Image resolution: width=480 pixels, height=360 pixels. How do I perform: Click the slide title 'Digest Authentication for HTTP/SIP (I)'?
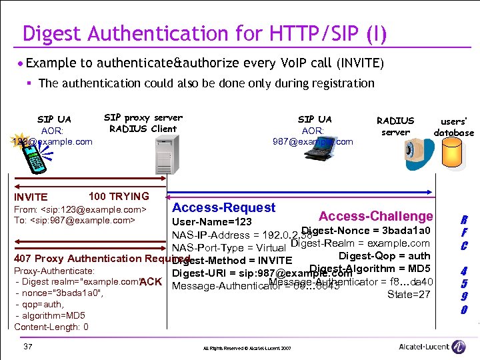[x=204, y=33]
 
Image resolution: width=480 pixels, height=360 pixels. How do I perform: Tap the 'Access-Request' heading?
[x=223, y=208]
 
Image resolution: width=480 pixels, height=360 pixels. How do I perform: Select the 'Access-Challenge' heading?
[x=375, y=216]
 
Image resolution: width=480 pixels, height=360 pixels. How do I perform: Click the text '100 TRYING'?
[x=119, y=196]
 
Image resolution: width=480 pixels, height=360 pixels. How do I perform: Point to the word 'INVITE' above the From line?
[x=31, y=197]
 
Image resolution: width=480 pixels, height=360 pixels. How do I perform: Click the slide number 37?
[x=27, y=347]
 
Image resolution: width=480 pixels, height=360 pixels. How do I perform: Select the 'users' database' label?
[x=453, y=127]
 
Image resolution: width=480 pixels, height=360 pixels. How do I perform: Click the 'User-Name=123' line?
[x=212, y=222]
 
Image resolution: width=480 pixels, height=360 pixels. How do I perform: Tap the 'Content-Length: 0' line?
[x=51, y=327]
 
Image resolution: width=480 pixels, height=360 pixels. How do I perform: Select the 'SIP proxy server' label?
[x=143, y=118]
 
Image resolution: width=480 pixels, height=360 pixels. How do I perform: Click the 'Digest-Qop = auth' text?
[x=384, y=255]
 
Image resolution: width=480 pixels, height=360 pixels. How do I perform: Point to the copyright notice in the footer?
[x=247, y=349]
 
